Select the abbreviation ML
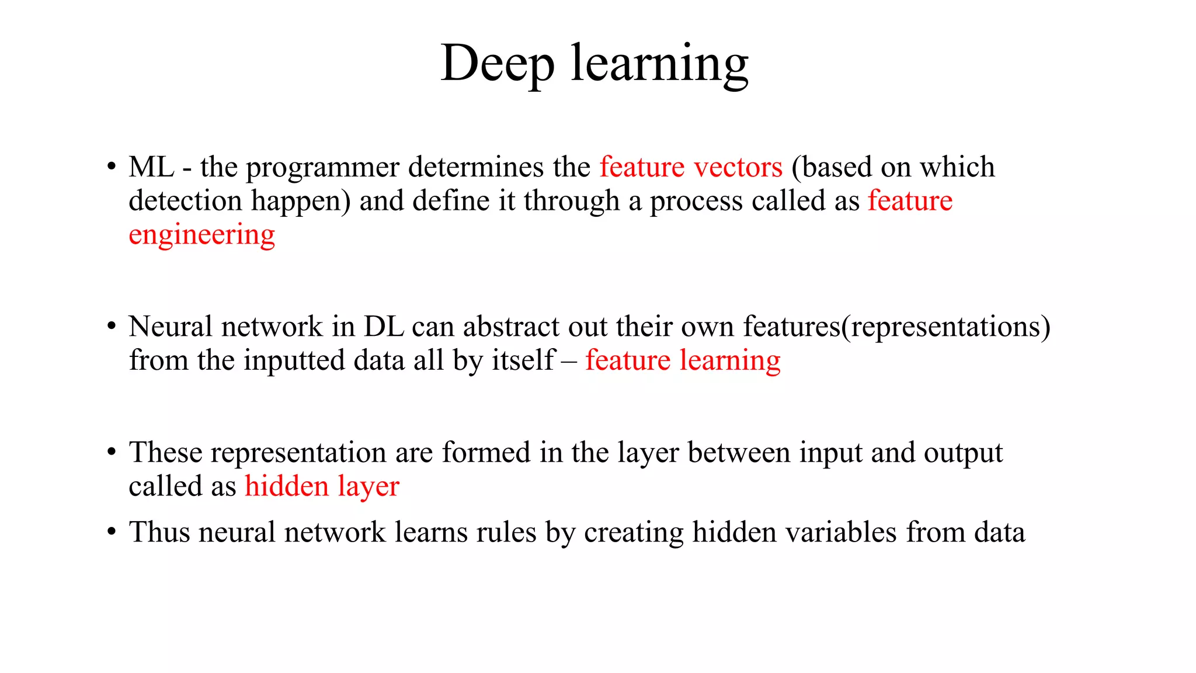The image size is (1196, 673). [x=151, y=167]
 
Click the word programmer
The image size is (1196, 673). [x=322, y=168]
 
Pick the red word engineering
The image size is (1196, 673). [x=201, y=235]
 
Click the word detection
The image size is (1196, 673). [x=185, y=201]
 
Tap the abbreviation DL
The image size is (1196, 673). [x=384, y=327]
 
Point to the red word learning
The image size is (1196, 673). [x=729, y=361]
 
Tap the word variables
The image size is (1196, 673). [x=794, y=532]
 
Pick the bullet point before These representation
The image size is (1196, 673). [x=111, y=453]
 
